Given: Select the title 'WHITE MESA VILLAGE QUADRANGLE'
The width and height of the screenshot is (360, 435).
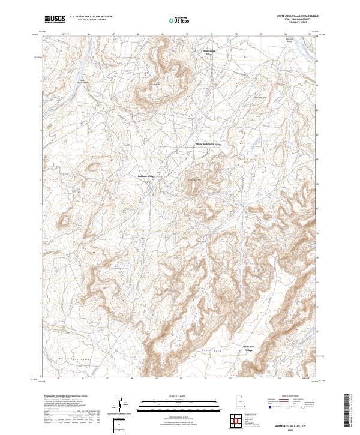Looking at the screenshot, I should tap(293, 16).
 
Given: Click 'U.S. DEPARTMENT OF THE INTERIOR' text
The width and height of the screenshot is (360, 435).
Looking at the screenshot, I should tap(91, 17).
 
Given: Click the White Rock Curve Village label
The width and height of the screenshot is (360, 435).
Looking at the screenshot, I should tap(209, 144).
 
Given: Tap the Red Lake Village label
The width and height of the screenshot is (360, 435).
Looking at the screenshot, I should tap(146, 176).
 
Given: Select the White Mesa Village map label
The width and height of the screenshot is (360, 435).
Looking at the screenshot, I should tap(248, 348).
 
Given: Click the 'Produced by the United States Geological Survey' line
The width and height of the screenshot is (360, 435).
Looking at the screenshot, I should tap(67, 396).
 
